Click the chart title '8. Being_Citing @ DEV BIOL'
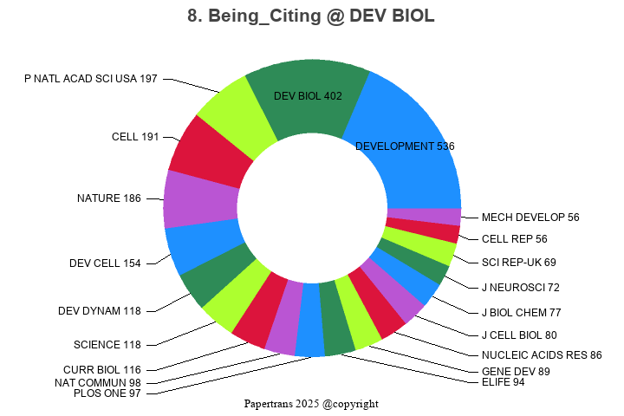click(x=311, y=16)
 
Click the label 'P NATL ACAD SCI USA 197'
click(x=91, y=79)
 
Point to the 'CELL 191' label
click(x=134, y=137)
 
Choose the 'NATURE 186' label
click(x=108, y=198)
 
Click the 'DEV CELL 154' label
click(x=105, y=263)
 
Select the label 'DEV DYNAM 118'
click(x=99, y=311)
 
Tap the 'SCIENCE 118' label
click(x=107, y=345)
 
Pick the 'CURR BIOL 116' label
click(x=101, y=370)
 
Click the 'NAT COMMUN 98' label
click(x=97, y=382)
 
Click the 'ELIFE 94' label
click(x=503, y=382)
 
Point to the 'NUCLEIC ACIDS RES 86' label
click(x=541, y=354)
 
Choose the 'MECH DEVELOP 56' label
click(x=530, y=217)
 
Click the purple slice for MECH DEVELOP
click(x=423, y=217)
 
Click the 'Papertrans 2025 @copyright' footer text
click(x=311, y=404)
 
